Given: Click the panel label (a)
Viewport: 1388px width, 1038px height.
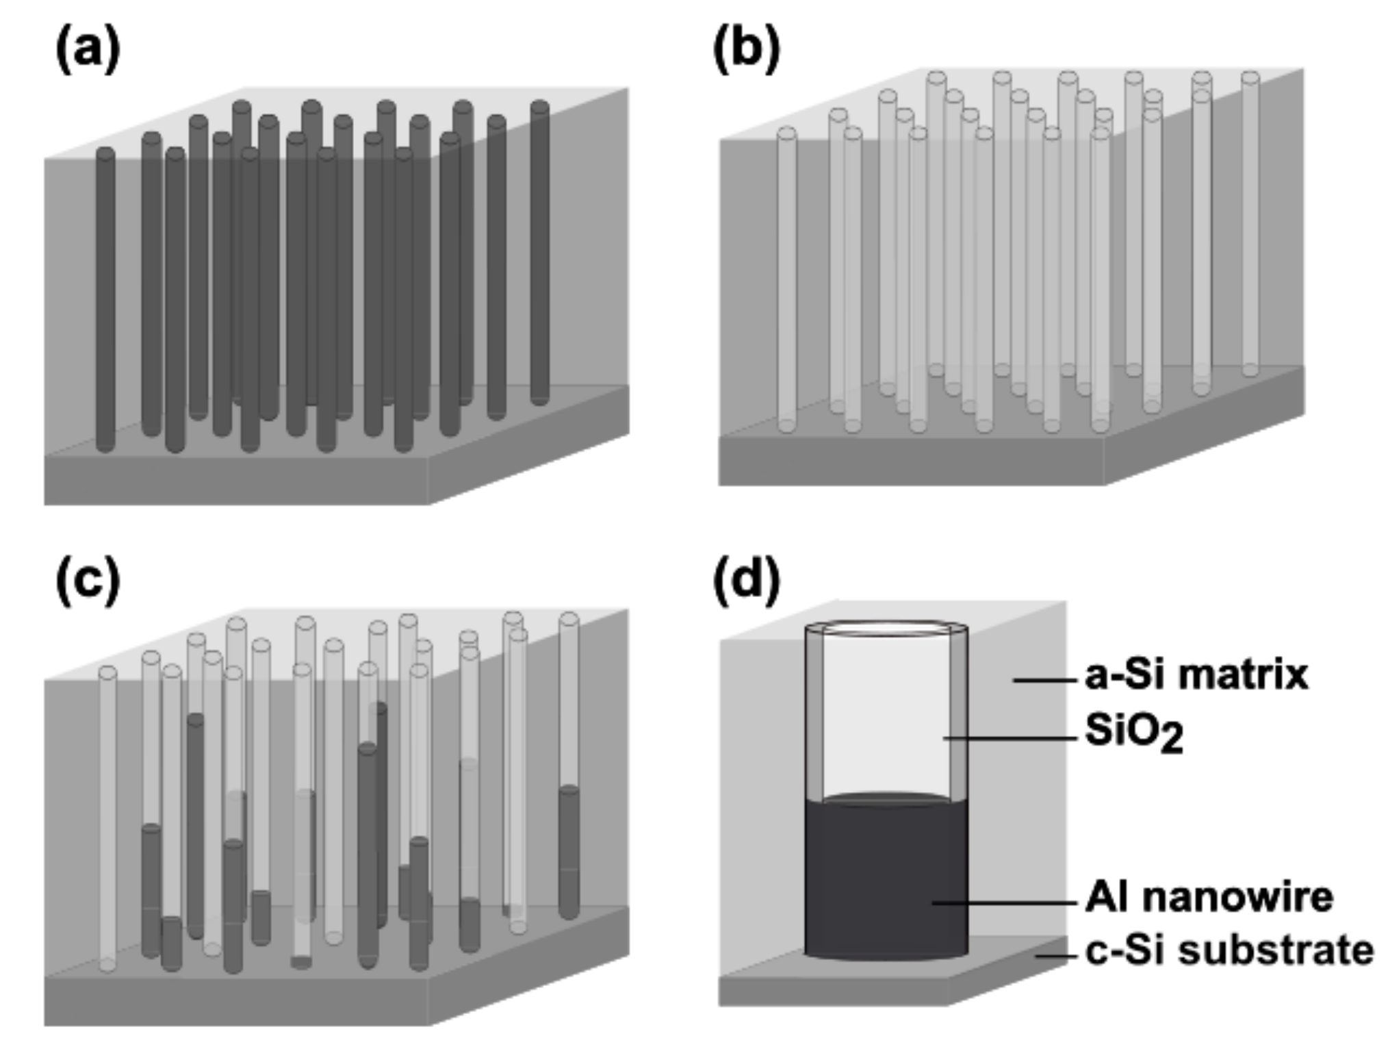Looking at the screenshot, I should [87, 51].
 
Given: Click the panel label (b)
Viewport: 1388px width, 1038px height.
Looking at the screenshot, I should [746, 51].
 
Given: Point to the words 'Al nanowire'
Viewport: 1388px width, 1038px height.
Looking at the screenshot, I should [1209, 897].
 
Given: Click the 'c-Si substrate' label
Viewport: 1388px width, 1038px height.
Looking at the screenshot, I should [1229, 950].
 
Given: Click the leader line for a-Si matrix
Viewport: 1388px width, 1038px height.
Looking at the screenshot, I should [1044, 680].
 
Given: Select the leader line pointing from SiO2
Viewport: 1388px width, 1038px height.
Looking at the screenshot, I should [1010, 738].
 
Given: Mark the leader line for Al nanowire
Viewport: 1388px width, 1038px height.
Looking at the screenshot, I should [1003, 902].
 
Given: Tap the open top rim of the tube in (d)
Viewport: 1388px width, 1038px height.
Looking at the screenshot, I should [886, 627].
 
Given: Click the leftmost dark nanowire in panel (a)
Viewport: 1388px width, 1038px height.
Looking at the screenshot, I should [105, 301].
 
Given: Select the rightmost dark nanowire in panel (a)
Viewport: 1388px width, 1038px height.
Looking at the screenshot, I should [540, 253].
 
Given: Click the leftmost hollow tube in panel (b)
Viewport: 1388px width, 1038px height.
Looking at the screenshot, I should [787, 281].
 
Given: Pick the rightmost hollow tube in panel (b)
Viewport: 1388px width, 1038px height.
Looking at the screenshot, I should [1250, 226].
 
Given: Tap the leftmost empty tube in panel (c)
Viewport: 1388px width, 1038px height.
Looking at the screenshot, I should [107, 815].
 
